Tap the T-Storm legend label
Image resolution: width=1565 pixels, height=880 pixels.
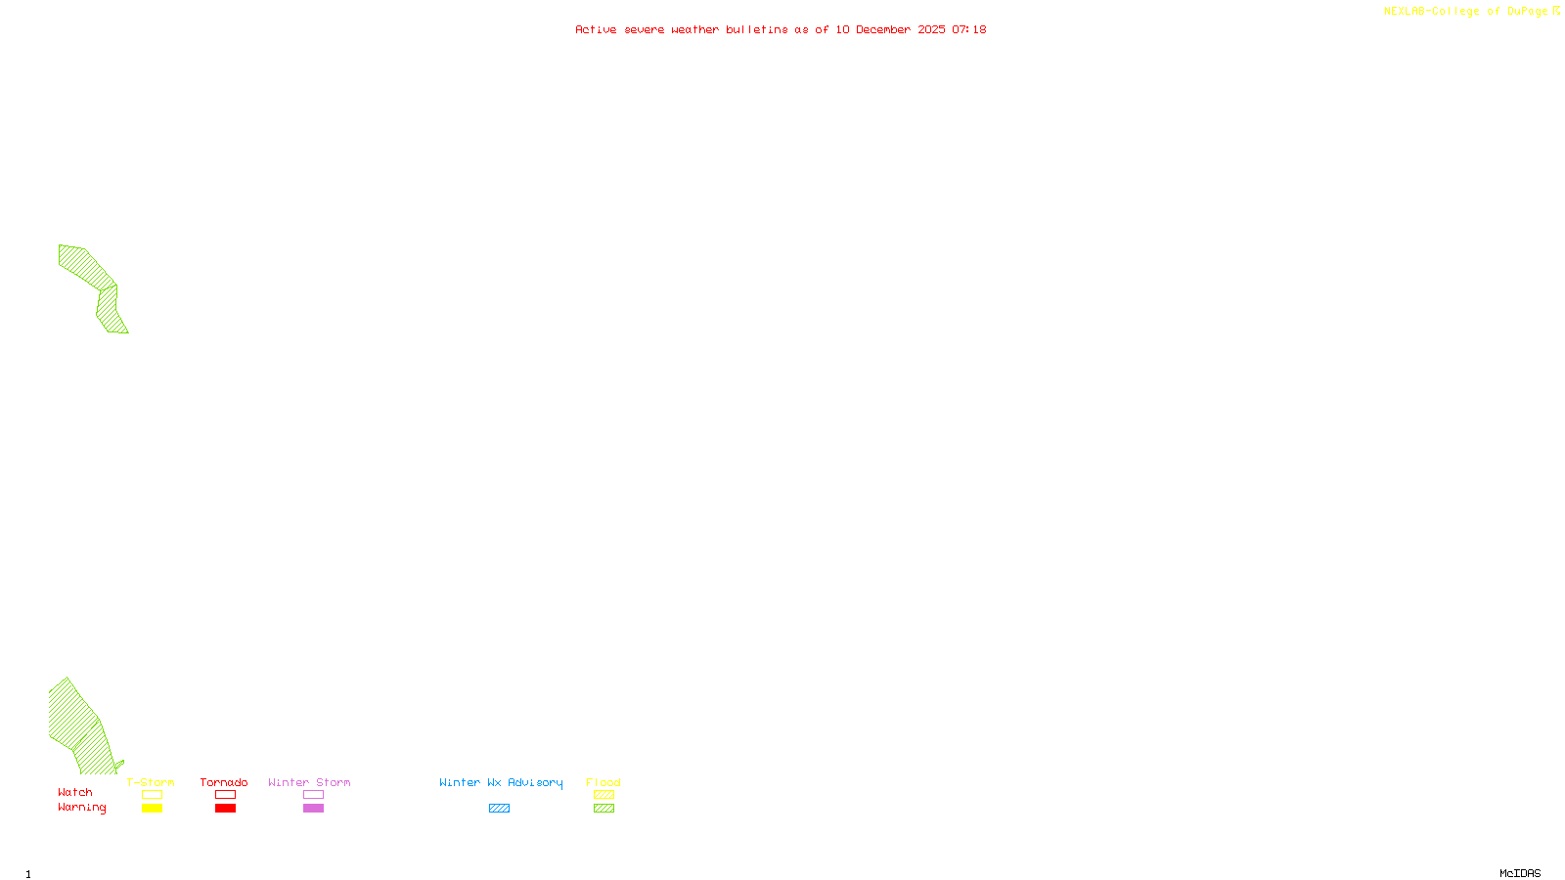click(151, 782)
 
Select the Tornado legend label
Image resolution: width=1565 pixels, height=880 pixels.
click(224, 782)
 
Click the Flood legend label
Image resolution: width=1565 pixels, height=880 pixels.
click(604, 782)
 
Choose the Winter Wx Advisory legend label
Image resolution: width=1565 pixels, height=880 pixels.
click(501, 782)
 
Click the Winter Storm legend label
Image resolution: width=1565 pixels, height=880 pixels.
click(309, 782)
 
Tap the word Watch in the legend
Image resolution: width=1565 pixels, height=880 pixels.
click(75, 793)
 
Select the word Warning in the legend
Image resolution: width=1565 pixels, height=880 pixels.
click(82, 808)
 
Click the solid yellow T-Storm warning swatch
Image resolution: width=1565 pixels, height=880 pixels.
click(152, 809)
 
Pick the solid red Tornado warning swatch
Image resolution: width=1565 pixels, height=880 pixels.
click(225, 809)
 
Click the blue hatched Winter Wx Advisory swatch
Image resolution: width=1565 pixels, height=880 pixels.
click(499, 809)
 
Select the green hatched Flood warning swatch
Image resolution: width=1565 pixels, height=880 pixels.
click(604, 809)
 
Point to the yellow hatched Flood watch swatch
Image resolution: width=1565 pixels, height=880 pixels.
click(604, 795)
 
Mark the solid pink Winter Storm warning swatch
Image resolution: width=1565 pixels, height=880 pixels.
click(313, 809)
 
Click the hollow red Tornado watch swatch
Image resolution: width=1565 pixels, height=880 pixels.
click(225, 795)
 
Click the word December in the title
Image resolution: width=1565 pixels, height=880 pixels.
click(883, 29)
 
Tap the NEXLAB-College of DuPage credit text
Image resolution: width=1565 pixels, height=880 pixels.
click(1465, 11)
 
